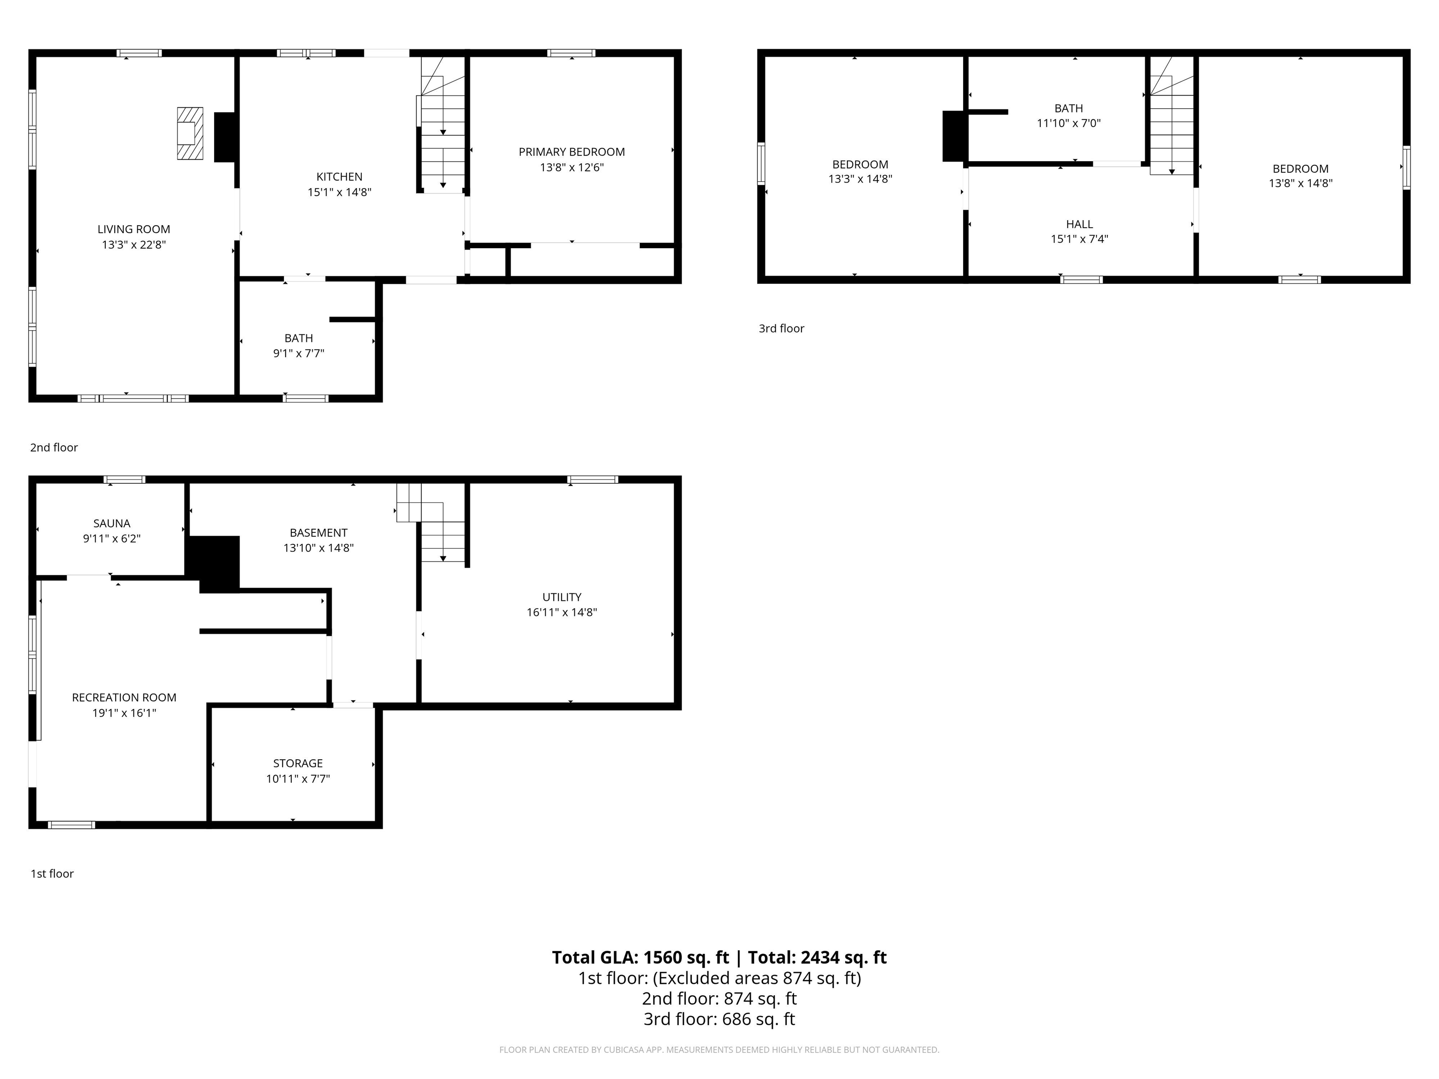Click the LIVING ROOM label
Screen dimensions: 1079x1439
click(134, 229)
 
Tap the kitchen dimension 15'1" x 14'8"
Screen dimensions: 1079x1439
click(339, 192)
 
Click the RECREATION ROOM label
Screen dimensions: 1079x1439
click(124, 697)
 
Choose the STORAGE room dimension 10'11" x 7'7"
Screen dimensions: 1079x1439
click(297, 778)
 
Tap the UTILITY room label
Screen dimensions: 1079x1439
click(562, 597)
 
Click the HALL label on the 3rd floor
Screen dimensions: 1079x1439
click(1079, 224)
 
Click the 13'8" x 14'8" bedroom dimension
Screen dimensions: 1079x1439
click(1300, 184)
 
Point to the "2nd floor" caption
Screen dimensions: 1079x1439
click(54, 447)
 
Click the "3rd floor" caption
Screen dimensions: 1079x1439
click(781, 328)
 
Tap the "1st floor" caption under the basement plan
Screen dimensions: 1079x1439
click(52, 873)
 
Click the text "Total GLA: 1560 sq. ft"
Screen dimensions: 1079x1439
click(640, 957)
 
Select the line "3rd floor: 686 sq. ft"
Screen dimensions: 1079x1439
click(719, 1019)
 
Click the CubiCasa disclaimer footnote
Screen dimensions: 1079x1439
click(719, 1050)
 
